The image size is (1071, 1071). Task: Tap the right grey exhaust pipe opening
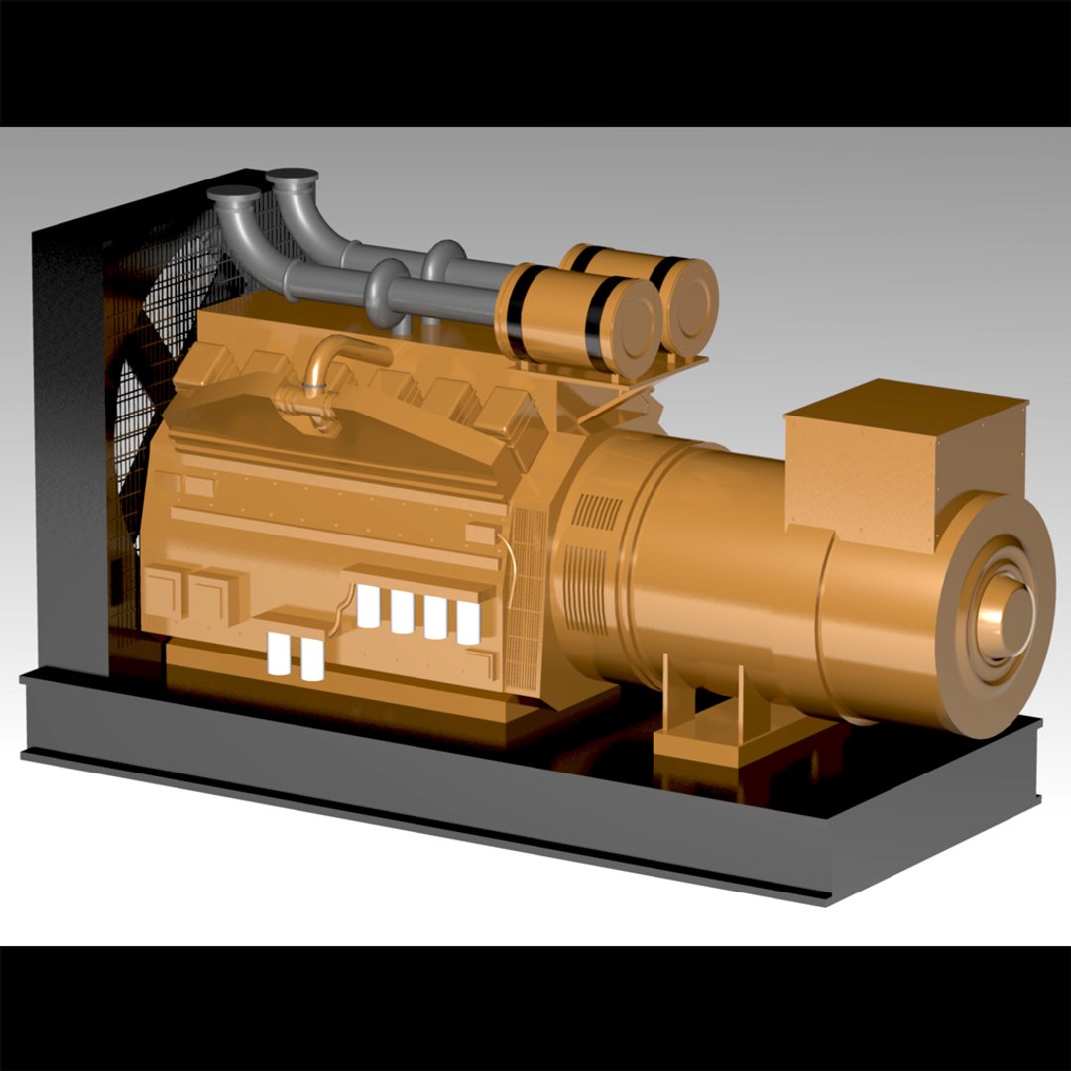292,178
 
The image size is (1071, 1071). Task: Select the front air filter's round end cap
633,319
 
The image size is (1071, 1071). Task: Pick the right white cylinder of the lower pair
312,659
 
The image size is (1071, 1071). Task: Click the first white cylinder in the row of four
368,606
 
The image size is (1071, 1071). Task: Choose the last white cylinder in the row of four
468,622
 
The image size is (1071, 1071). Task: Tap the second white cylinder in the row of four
402,612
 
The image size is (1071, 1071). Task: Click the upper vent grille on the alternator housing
598,511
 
